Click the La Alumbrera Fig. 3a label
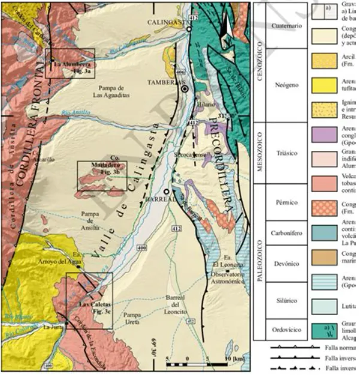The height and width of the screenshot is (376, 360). tap(71, 68)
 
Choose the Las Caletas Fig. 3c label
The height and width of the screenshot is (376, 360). tap(88, 308)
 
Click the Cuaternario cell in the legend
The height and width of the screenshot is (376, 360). tap(283, 27)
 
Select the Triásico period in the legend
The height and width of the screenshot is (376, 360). tap(283, 153)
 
